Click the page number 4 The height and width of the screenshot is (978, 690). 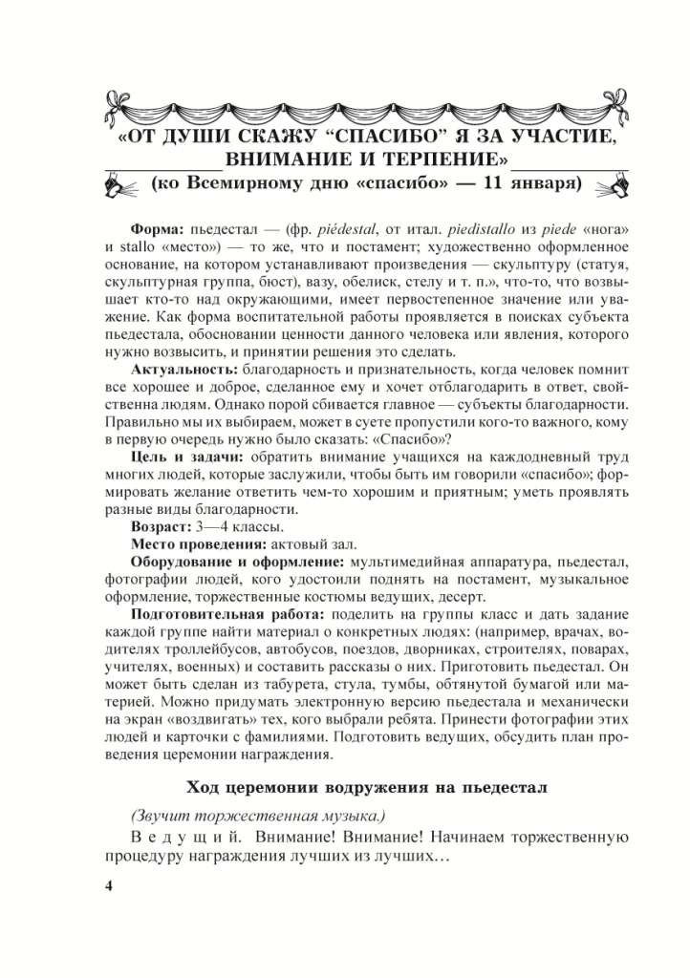pos(108,887)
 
